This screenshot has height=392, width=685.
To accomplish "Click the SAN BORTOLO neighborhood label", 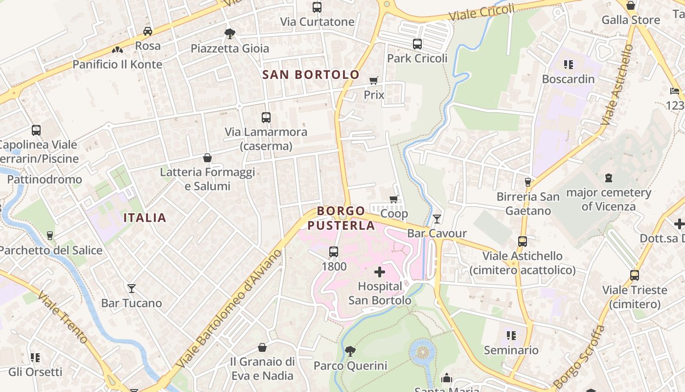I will tap(311, 74).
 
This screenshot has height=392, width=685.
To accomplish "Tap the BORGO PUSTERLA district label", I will tap(341, 218).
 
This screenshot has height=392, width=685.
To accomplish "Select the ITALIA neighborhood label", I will tap(145, 218).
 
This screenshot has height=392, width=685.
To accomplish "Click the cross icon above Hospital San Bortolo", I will tap(380, 271).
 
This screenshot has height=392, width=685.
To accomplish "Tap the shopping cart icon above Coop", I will tap(394, 199).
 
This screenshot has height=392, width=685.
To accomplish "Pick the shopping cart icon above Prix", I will tap(374, 80).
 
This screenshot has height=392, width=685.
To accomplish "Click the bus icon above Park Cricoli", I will tap(417, 44).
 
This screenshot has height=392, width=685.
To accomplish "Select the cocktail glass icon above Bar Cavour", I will tap(437, 219).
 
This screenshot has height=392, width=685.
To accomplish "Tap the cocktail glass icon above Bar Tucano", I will tap(131, 288).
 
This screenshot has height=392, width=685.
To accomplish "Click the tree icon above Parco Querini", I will tap(350, 351).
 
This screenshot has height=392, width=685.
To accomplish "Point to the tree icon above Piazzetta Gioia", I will tap(229, 33).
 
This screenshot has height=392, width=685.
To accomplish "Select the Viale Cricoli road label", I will tap(482, 13).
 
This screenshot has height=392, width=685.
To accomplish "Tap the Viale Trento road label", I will tap(63, 318).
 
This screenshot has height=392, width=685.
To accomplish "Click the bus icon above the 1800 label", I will tap(334, 252).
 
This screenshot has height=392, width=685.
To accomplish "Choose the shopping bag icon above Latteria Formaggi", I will tap(207, 158).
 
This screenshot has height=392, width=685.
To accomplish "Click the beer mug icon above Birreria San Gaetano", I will tap(527, 182).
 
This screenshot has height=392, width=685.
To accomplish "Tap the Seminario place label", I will tap(511, 350).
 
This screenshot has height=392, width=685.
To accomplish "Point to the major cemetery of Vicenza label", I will tap(608, 199).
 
